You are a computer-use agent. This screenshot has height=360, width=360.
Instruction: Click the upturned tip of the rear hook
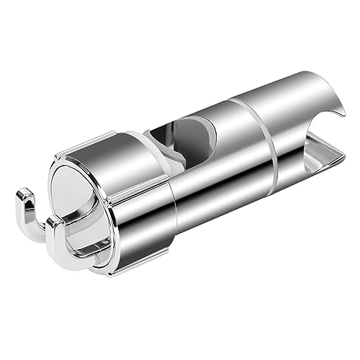click(24, 191)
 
